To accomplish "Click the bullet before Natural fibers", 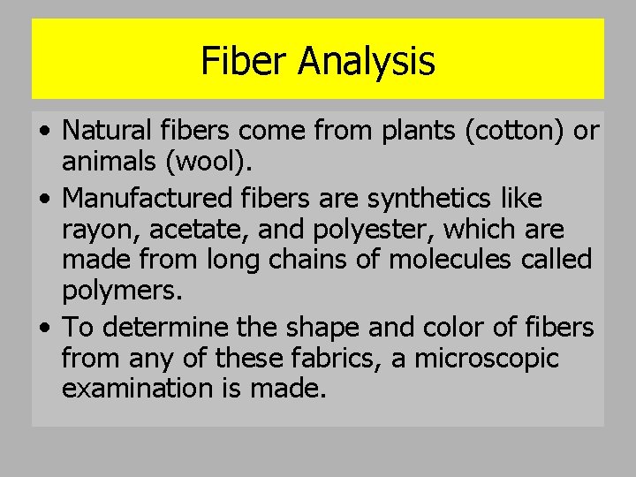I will coord(45,132).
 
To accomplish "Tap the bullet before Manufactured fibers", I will coord(45,198).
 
